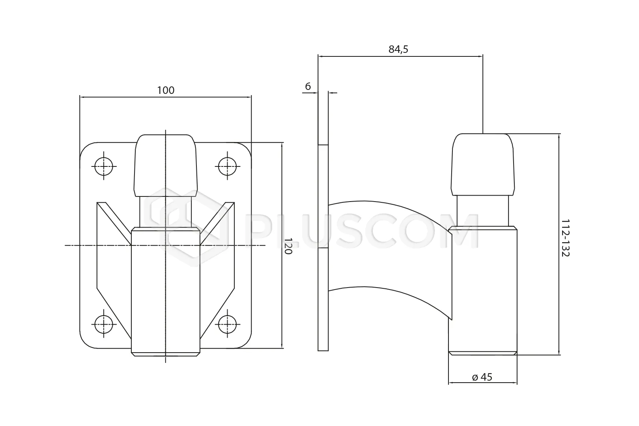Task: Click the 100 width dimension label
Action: pyautogui.click(x=166, y=90)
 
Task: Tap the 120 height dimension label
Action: pyautogui.click(x=288, y=246)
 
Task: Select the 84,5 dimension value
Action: pyautogui.click(x=398, y=49)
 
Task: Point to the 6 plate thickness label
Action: pyautogui.click(x=308, y=86)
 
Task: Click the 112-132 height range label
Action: pyautogui.click(x=565, y=238)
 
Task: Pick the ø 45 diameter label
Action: pyautogui.click(x=482, y=377)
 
